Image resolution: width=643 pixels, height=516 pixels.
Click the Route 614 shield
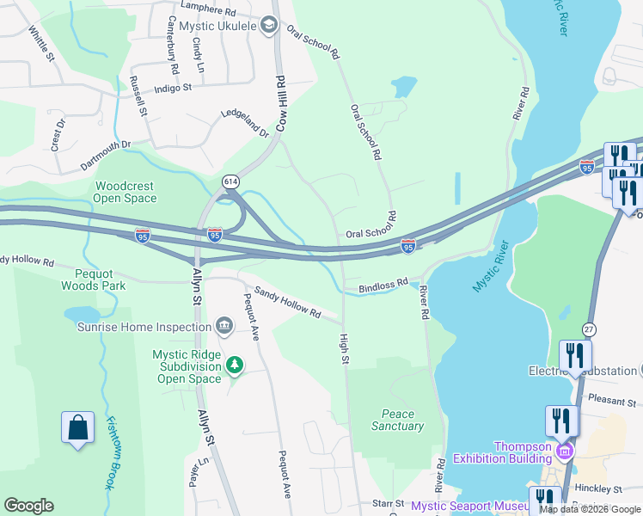click(230, 181)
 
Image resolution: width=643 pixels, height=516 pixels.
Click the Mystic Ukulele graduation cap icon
click(269, 26)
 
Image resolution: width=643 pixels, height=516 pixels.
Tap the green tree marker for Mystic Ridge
click(234, 366)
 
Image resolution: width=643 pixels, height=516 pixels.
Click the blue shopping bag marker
click(77, 427)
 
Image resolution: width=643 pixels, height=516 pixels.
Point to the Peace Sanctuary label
click(397, 420)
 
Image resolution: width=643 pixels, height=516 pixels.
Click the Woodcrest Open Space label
click(126, 192)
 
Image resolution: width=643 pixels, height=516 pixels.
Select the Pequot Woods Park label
click(93, 279)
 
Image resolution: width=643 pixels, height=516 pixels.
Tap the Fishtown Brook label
click(110, 452)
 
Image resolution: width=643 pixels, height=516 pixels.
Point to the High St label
click(344, 348)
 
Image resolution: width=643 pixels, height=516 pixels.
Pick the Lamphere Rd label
click(205, 12)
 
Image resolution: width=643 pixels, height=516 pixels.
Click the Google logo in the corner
click(28, 506)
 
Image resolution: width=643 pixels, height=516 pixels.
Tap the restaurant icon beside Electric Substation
click(574, 355)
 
